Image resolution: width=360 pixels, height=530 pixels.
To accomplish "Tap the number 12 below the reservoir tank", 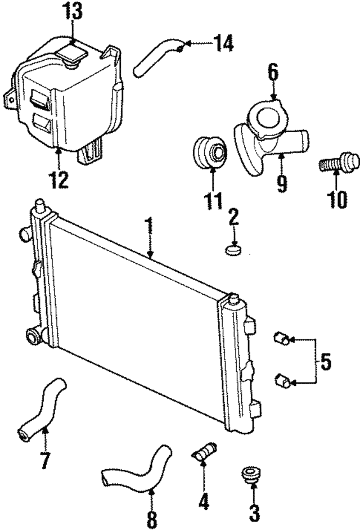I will point(59,180).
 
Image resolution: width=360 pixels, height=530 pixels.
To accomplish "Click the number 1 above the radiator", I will point(148,226).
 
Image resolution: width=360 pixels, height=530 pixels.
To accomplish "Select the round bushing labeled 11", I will point(210,151).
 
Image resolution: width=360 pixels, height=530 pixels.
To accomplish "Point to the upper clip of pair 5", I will point(281,339).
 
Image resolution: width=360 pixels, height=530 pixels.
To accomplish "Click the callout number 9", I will point(282,183).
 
